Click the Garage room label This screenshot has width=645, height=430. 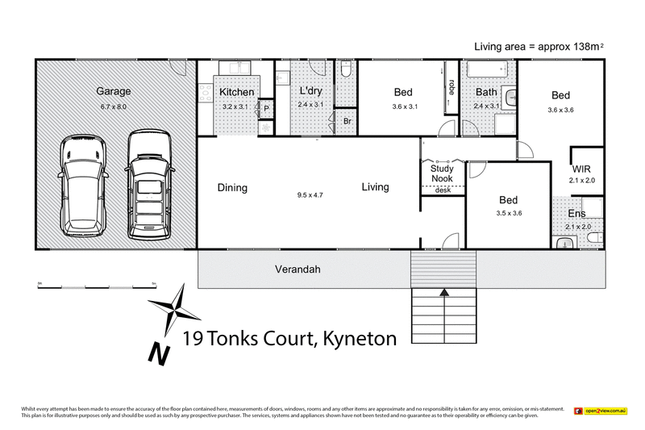113,92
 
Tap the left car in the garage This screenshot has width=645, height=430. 83,185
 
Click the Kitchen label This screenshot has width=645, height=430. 237,92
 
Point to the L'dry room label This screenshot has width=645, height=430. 310,92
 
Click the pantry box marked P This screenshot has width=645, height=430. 265,108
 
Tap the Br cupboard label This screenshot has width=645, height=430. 347,121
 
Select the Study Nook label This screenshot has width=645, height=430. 442,173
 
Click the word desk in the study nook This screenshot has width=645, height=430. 443,190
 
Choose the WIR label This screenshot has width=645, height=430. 582,169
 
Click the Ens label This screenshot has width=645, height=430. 576,214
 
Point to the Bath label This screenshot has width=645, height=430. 486,92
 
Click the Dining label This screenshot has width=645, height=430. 232,188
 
